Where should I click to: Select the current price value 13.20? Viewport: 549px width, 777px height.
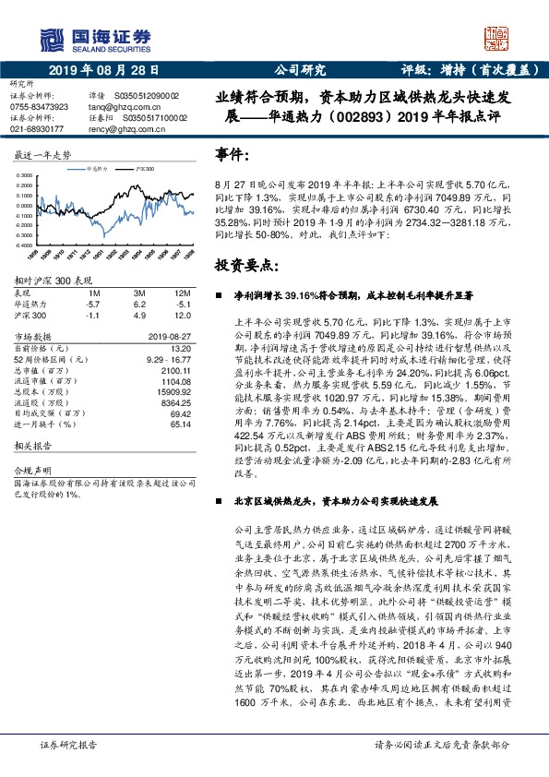pyautogui.click(x=184, y=350)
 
